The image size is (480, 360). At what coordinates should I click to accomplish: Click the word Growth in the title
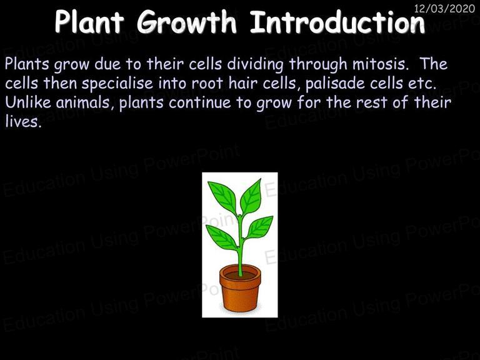click(x=186, y=22)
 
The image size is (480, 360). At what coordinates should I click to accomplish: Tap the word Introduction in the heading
click(x=337, y=22)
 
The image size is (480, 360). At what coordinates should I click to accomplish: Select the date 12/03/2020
click(x=444, y=9)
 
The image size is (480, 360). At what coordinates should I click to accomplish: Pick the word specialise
click(x=117, y=84)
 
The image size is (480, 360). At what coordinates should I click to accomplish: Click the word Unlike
click(x=28, y=102)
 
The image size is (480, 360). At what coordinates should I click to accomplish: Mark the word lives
click(x=23, y=122)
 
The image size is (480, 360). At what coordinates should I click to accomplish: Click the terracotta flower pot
click(x=240, y=288)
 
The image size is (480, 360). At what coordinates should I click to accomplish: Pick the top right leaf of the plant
click(x=251, y=196)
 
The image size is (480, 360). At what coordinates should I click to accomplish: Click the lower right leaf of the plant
click(x=259, y=227)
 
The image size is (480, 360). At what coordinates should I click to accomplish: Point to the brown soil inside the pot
click(x=240, y=275)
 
